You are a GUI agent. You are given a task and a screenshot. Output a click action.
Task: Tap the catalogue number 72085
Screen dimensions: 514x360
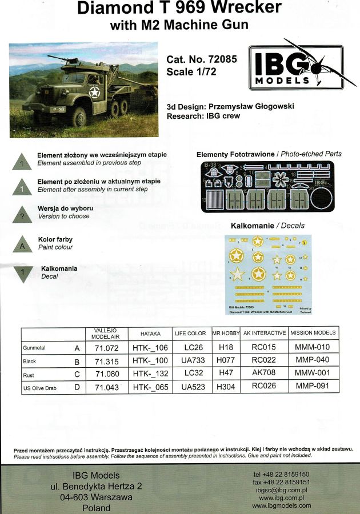point(223,59)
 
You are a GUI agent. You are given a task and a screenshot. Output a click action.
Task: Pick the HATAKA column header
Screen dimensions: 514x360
point(150,333)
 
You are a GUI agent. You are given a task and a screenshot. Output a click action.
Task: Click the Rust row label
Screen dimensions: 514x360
point(29,375)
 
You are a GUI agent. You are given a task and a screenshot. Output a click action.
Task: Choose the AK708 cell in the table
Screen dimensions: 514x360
point(263,375)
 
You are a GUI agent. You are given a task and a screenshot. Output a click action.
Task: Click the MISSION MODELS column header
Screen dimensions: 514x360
point(313,333)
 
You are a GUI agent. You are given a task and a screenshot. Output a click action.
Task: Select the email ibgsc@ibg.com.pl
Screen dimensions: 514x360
point(282,490)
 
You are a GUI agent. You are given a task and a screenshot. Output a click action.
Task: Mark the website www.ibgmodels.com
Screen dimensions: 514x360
point(282,505)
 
